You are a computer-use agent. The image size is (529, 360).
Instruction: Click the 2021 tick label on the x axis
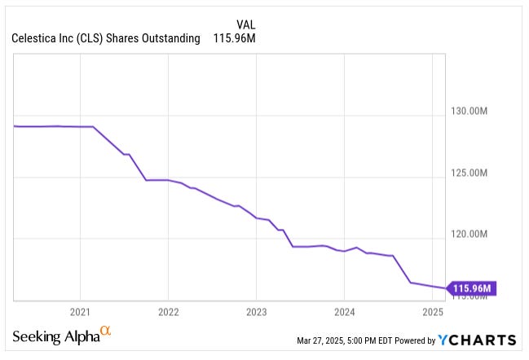click(x=80, y=312)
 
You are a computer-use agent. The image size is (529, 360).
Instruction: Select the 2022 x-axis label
click(x=168, y=312)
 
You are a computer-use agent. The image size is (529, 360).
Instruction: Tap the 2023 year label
click(x=256, y=312)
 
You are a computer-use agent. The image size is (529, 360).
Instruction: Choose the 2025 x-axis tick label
click(x=432, y=312)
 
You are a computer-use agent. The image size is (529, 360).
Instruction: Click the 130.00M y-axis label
click(x=469, y=111)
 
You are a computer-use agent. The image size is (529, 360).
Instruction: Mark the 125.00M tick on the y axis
click(x=469, y=173)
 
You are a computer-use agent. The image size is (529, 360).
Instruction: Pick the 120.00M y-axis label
click(x=469, y=235)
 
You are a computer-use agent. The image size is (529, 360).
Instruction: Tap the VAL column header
click(x=236, y=24)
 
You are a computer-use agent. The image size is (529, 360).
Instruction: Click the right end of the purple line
click(x=445, y=288)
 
